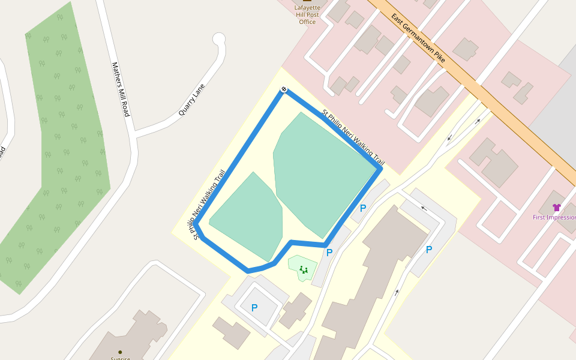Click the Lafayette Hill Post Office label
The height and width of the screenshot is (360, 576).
(x=307, y=14)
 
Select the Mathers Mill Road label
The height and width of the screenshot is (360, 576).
(x=121, y=89)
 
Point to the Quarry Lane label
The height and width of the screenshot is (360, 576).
(x=192, y=100)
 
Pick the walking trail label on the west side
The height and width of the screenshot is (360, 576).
(x=206, y=204)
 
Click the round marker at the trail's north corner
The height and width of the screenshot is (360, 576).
(x=284, y=90)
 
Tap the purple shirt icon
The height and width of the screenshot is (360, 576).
(x=556, y=208)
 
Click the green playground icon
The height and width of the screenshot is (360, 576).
(x=304, y=270)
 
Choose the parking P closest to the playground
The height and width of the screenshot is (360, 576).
(x=329, y=253)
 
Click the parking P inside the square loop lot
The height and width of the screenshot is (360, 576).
(x=254, y=308)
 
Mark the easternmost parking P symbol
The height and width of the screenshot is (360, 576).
(x=429, y=250)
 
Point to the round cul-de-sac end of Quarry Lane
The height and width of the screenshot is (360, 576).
(x=219, y=40)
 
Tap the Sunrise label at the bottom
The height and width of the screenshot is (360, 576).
(x=120, y=358)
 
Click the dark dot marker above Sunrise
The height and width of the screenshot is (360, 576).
(x=120, y=352)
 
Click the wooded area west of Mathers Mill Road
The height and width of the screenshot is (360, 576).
(x=66, y=150)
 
